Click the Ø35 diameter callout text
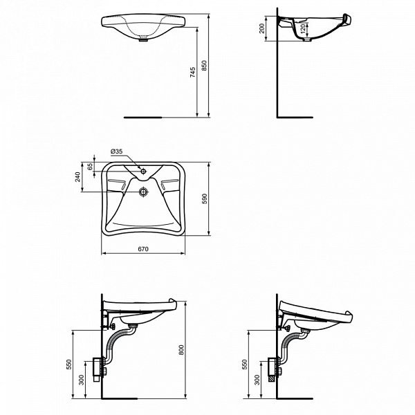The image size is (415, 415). (x=116, y=151)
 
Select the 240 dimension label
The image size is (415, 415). (x=78, y=177)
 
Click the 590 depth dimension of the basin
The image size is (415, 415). (x=204, y=199)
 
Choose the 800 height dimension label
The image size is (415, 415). (x=182, y=350)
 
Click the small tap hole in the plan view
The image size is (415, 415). (x=143, y=170)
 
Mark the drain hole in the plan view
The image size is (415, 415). (x=143, y=192)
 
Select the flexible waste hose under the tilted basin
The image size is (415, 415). (x=292, y=346)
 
